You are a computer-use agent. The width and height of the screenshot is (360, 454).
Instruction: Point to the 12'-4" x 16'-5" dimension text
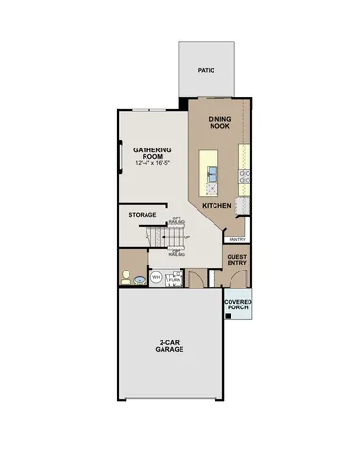(x=151, y=163)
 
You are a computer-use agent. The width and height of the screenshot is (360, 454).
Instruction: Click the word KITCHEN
(x=217, y=205)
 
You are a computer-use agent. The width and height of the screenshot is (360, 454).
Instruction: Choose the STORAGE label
(x=143, y=215)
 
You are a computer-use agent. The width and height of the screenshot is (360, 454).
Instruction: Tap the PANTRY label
(x=237, y=239)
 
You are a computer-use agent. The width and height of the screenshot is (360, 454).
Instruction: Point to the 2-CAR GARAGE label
(x=170, y=347)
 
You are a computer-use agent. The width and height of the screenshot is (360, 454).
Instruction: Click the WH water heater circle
(x=157, y=278)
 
